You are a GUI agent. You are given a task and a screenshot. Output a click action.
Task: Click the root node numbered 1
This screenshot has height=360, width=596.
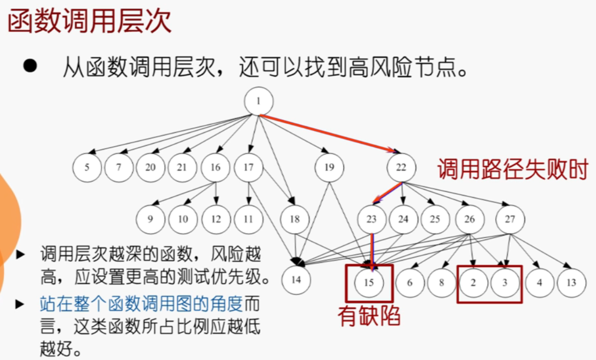(x=258, y=101)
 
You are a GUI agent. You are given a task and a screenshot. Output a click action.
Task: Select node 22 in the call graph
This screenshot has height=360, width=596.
(x=401, y=168)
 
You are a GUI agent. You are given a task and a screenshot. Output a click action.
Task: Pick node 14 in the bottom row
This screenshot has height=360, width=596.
(x=296, y=280)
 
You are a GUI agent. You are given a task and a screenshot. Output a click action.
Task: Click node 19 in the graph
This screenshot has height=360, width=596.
(x=328, y=168)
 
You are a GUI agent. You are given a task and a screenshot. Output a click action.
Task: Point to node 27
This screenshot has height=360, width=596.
(x=510, y=219)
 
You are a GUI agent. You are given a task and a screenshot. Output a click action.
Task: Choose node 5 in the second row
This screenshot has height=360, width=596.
(x=87, y=168)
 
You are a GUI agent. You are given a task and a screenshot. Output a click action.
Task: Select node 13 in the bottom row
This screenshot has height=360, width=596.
(x=571, y=282)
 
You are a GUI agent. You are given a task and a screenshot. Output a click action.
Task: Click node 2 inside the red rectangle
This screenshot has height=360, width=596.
(x=473, y=282)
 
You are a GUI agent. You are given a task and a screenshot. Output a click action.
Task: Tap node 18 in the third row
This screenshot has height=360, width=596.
(x=295, y=219)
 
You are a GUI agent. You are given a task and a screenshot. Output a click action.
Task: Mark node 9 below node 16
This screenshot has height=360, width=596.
(x=150, y=219)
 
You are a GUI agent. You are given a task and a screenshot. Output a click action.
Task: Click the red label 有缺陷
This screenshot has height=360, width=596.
(x=369, y=316)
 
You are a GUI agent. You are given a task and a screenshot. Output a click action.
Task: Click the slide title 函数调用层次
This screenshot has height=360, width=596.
(x=90, y=22)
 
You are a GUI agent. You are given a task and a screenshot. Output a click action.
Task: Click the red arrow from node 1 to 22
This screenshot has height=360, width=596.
(x=327, y=133)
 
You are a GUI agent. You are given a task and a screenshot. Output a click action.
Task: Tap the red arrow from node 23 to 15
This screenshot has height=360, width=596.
(x=372, y=251)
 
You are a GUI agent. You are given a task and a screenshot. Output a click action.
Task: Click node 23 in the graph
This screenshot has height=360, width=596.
(x=371, y=219)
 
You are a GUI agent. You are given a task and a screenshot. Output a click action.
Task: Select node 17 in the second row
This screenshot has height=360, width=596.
(x=248, y=168)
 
